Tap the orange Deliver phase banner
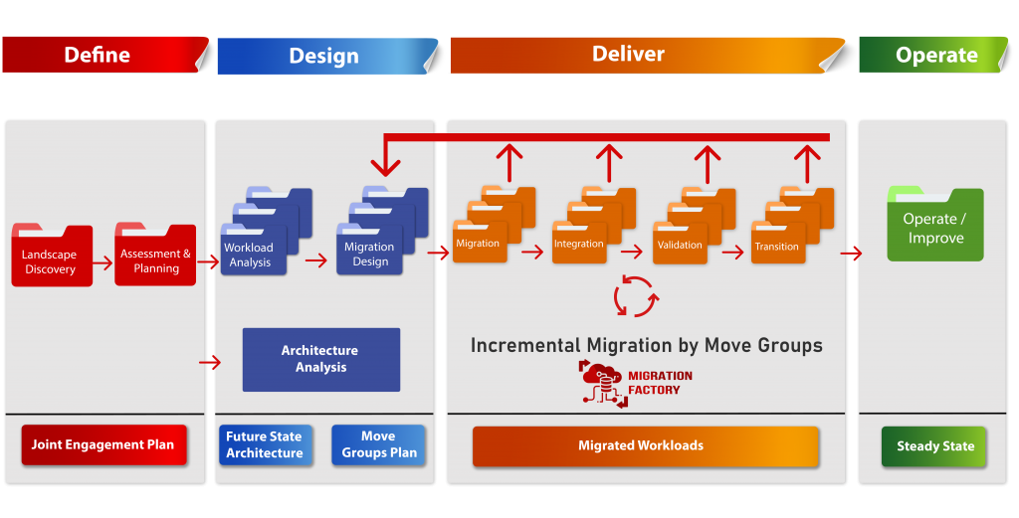[647, 55]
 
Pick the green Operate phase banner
[933, 55]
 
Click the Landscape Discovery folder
[52, 256]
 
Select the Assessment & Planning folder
[155, 255]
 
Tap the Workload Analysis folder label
[249, 255]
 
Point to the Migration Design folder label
[369, 254]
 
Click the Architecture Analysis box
[321, 359]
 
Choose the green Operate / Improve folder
[935, 224]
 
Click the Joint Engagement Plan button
[103, 444]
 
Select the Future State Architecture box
[265, 444]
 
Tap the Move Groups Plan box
[378, 444]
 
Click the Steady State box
[933, 446]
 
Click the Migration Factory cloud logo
[602, 384]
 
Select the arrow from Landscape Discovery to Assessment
[102, 263]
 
